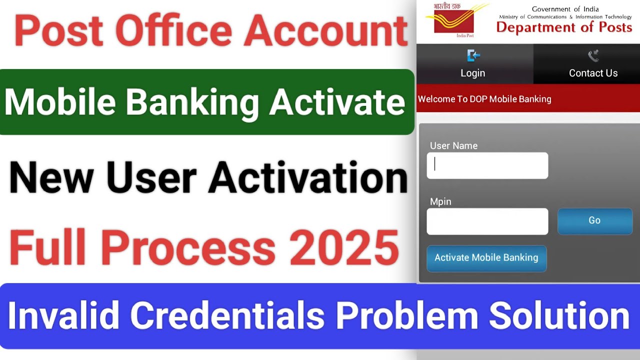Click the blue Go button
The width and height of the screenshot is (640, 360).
[x=594, y=220]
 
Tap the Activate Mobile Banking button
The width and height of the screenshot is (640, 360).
[x=486, y=258]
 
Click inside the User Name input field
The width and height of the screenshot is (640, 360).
[x=487, y=165]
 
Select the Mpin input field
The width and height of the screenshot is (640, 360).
[x=487, y=221]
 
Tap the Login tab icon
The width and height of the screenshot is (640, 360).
[x=473, y=55]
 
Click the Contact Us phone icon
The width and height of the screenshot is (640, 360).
[x=593, y=55]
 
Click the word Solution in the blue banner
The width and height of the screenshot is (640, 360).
[x=558, y=315]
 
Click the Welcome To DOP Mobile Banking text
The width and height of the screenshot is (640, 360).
[x=484, y=99]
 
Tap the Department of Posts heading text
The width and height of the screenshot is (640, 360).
[x=564, y=27]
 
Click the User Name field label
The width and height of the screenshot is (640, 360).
[x=453, y=146]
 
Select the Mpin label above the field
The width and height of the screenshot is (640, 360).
[x=440, y=201]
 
